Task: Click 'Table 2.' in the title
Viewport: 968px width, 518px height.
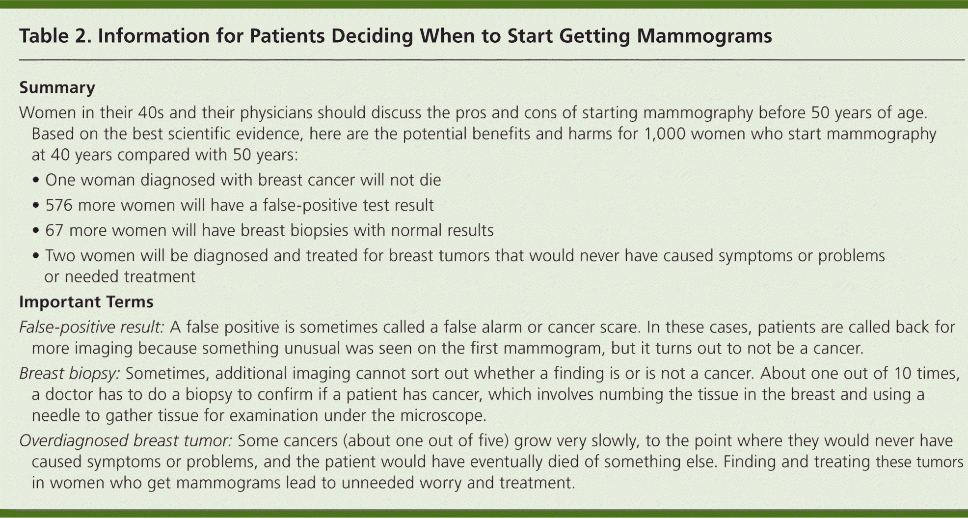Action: coord(55,36)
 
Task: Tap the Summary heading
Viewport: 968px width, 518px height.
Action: coord(57,88)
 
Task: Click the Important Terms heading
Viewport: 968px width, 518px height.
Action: coord(86,301)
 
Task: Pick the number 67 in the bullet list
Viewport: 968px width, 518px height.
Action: coord(54,230)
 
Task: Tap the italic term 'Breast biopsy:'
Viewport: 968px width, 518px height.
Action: coord(70,374)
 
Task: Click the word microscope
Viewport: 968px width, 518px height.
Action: coord(443,416)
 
